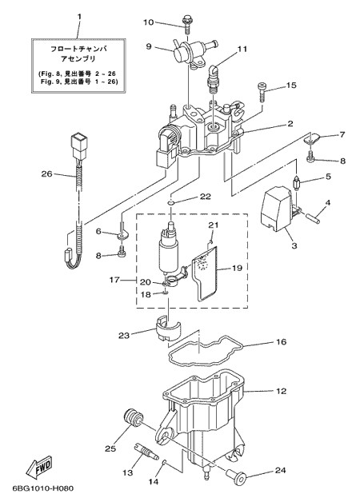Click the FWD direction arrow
pos(39,468)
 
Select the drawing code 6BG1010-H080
pos(43,488)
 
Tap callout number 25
pos(110,449)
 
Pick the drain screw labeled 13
pos(146,451)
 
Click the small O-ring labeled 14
pos(164,462)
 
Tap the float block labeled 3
pos(275,209)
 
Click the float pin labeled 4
pos(312,218)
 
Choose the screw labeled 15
pos(262,91)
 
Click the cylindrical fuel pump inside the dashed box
pos(169,248)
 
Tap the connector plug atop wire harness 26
pos(78,145)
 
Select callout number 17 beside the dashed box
pos(114,280)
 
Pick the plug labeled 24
pos(236,476)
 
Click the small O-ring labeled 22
pos(171,202)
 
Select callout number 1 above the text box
pos(79,16)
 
